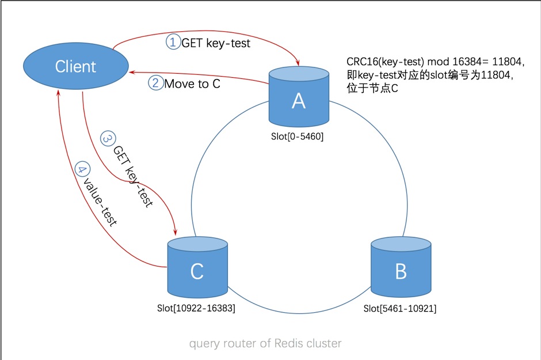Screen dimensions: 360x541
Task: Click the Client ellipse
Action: pyautogui.click(x=75, y=66)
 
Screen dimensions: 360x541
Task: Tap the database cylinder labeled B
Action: pyautogui.click(x=401, y=266)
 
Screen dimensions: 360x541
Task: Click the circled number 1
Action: pyautogui.click(x=173, y=42)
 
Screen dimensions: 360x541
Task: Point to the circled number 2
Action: pyautogui.click(x=155, y=83)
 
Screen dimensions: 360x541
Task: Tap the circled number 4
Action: pyautogui.click(x=83, y=170)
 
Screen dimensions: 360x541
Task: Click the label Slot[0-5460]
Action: pyautogui.click(x=298, y=137)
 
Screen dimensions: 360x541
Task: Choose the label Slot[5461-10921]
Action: pyautogui.click(x=400, y=309)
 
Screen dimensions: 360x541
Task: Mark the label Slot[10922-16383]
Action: pyautogui.click(x=196, y=309)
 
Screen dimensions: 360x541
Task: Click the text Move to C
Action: pyautogui.click(x=192, y=84)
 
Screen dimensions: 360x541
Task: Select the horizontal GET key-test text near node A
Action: pyautogui.click(x=216, y=43)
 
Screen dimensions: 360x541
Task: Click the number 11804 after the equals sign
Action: pyautogui.click(x=508, y=62)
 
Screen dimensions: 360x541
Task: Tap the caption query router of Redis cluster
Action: pyautogui.click(x=265, y=343)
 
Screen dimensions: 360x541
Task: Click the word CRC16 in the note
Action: pyautogui.click(x=362, y=62)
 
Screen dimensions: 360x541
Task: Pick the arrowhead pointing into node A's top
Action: pyautogui.click(x=298, y=64)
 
